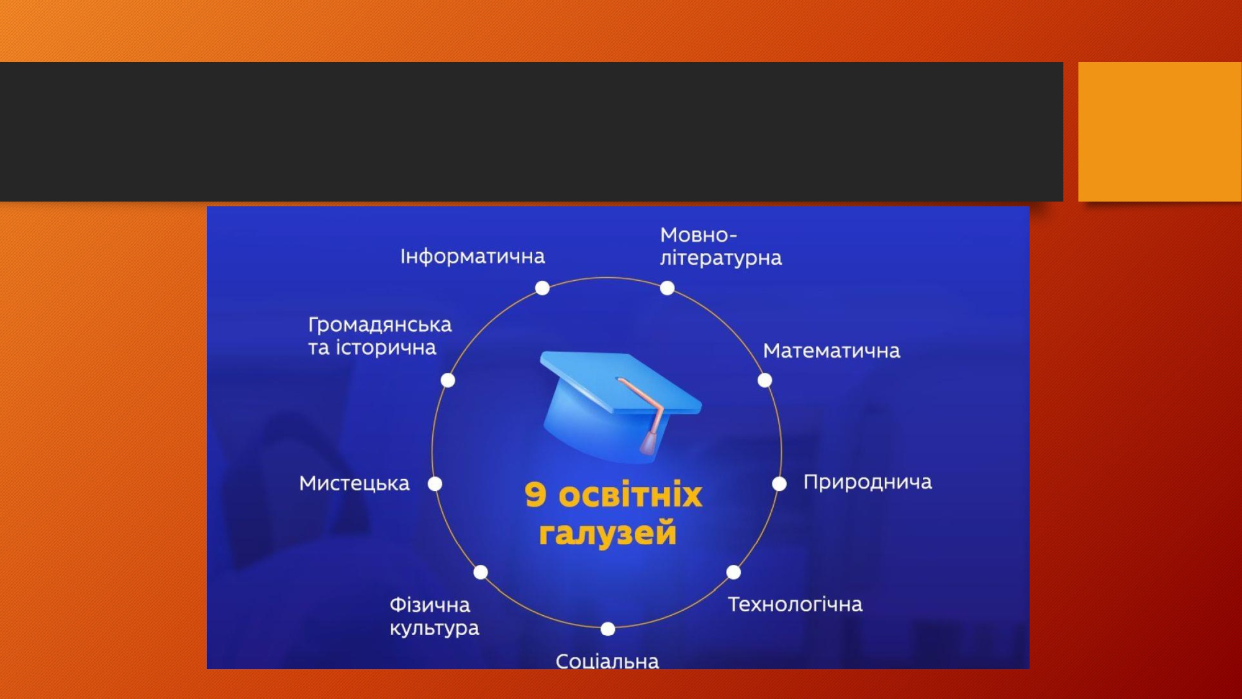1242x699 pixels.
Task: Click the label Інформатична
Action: (x=473, y=256)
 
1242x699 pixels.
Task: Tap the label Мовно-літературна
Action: (x=720, y=247)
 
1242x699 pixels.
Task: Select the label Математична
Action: (x=832, y=351)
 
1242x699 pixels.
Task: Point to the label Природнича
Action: (x=868, y=483)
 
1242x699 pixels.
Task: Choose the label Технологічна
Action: (x=795, y=604)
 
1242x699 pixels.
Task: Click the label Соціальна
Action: (x=607, y=660)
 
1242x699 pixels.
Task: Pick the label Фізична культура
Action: (x=434, y=616)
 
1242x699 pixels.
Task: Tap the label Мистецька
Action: (x=354, y=483)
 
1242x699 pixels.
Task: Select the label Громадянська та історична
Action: (x=379, y=336)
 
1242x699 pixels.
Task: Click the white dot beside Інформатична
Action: (x=542, y=288)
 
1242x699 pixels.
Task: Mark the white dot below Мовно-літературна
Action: (x=667, y=288)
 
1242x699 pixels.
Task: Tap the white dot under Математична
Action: (x=764, y=380)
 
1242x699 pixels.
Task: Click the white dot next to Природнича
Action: (x=779, y=484)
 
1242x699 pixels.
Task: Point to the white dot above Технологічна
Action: (x=733, y=572)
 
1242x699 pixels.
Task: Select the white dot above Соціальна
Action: (x=608, y=629)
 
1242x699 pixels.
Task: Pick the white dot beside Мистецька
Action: (x=435, y=484)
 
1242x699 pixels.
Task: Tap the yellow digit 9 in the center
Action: (x=535, y=495)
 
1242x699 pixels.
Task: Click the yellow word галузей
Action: (x=607, y=533)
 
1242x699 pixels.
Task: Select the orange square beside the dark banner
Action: (x=1160, y=132)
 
